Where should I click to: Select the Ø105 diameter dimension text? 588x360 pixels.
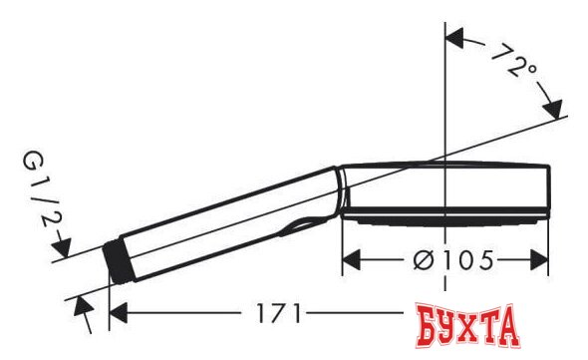453,260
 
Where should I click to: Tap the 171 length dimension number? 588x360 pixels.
279,313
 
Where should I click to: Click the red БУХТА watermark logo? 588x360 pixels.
467,326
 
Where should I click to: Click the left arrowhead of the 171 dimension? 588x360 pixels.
118,313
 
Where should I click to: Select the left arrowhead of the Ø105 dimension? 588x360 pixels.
352,260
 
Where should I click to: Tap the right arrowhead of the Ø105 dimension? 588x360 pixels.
539,260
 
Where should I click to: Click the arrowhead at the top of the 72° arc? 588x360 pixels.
454,38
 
